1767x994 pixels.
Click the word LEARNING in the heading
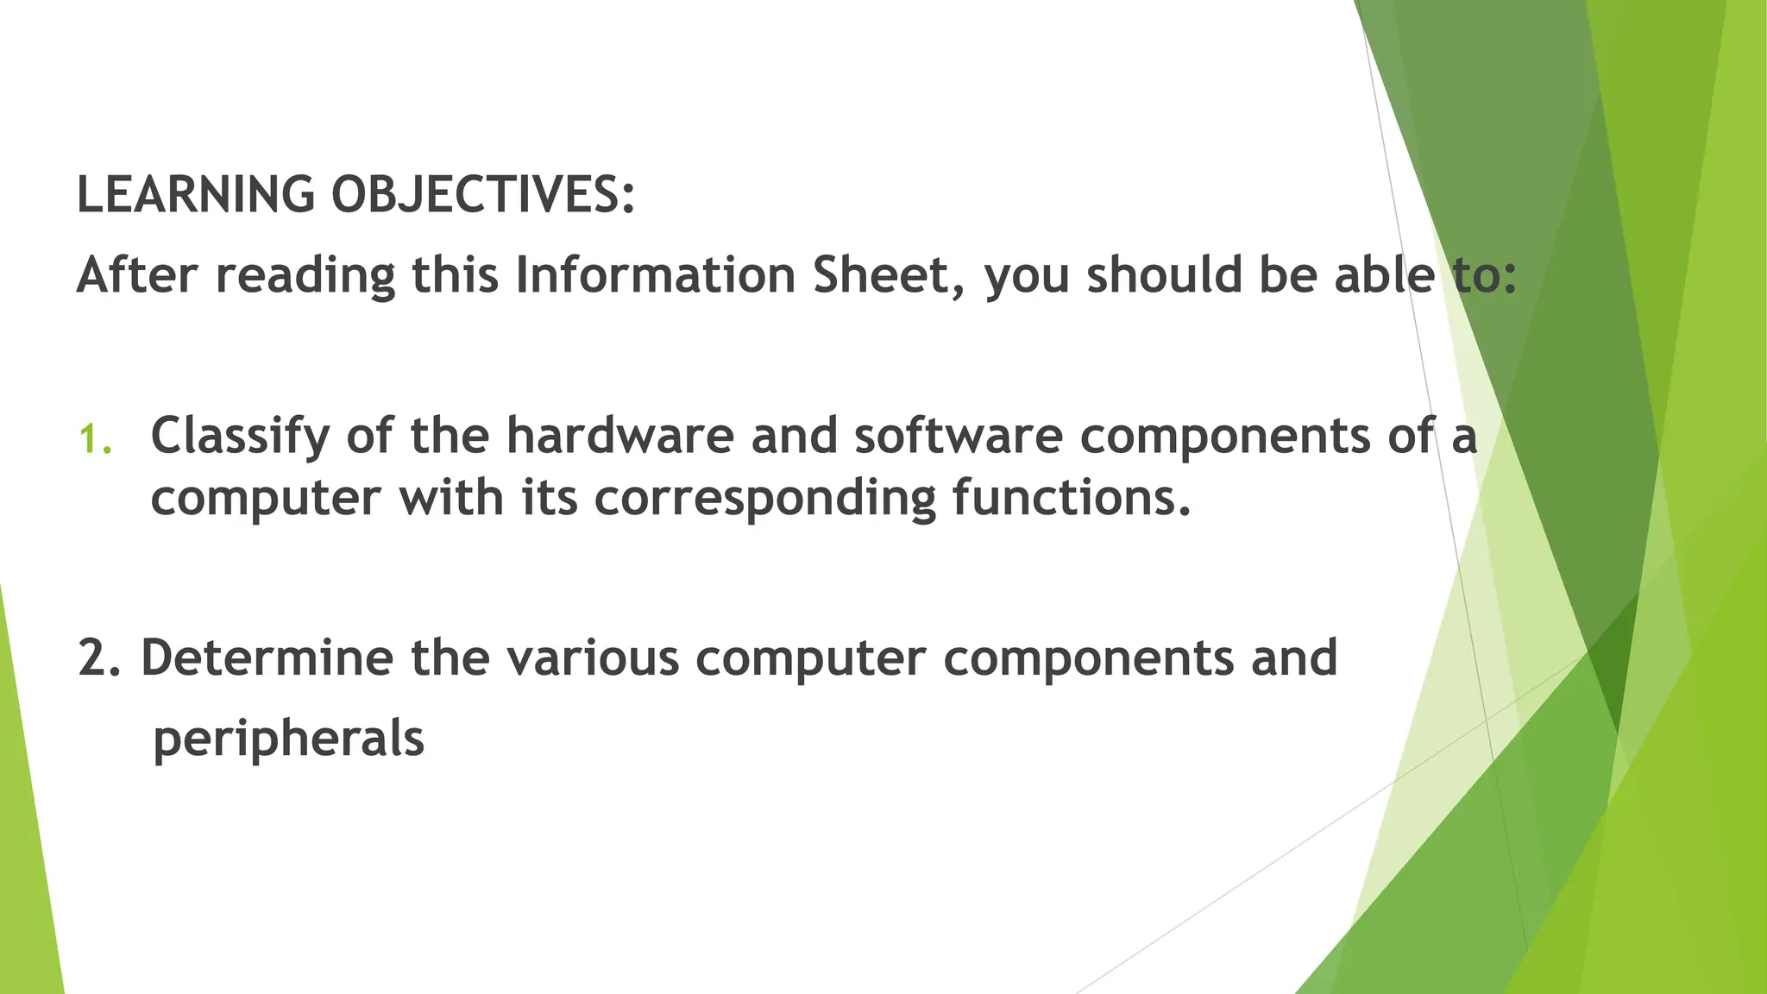[196, 194]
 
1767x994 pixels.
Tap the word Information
[656, 275]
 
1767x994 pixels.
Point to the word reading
[305, 277]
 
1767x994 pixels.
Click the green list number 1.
[94, 439]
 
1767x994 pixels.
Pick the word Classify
[240, 437]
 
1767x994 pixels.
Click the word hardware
[619, 435]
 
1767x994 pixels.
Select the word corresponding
[764, 500]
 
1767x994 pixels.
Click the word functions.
[1072, 498]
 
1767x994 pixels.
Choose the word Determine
[267, 657]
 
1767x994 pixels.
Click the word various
[593, 657]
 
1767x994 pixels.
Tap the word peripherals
[288, 739]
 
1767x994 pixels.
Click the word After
[138, 275]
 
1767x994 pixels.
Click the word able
[1384, 275]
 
